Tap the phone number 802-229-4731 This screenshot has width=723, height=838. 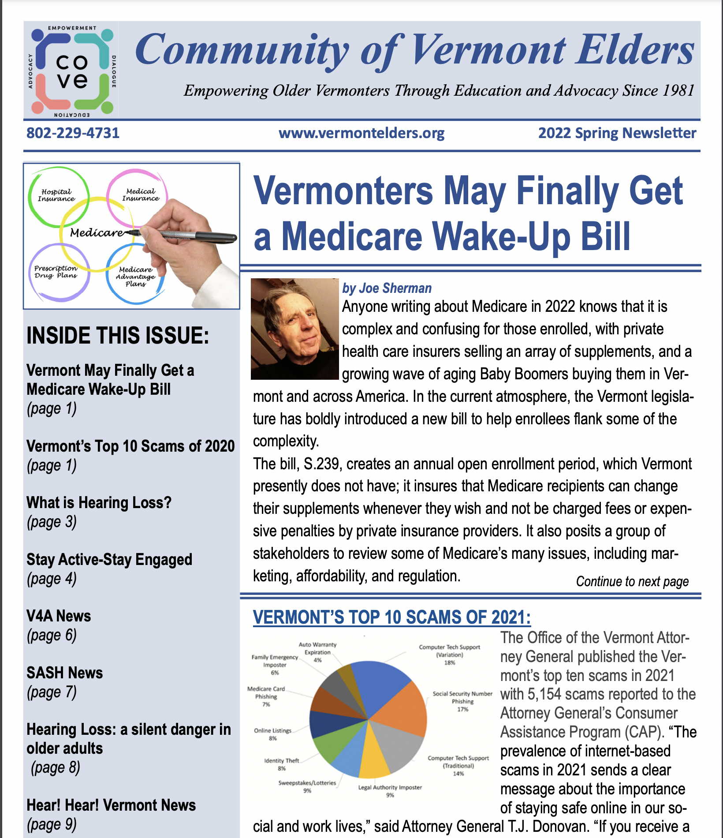pyautogui.click(x=73, y=133)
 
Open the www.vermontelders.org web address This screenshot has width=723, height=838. pyautogui.click(x=361, y=133)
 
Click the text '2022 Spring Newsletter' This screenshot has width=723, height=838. pyautogui.click(x=617, y=133)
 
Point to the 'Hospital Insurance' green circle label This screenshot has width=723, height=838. pyautogui.click(x=56, y=195)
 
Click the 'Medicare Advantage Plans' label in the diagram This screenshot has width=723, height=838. pyautogui.click(x=135, y=277)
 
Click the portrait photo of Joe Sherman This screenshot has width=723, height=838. pyautogui.click(x=294, y=329)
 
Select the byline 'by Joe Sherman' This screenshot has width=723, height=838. pyautogui.click(x=387, y=288)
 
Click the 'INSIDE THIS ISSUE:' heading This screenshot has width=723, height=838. pyautogui.click(x=118, y=336)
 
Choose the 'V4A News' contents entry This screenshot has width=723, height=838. pyautogui.click(x=59, y=616)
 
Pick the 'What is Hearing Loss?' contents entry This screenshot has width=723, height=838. pyautogui.click(x=99, y=503)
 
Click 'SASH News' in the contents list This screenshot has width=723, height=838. pyautogui.click(x=64, y=673)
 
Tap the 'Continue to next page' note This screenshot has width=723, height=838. pyautogui.click(x=632, y=581)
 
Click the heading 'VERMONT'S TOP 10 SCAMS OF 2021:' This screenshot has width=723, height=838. pyautogui.click(x=391, y=617)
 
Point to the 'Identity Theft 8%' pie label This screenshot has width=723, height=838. pyautogui.click(x=282, y=764)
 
